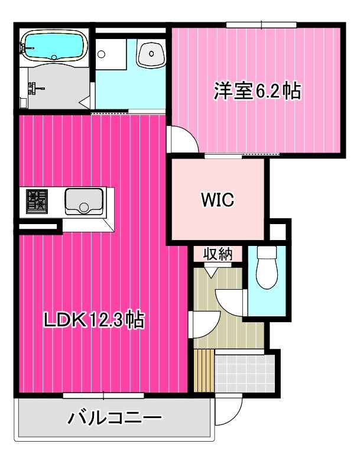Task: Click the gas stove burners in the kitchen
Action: click(x=37, y=201)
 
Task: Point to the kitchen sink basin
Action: click(x=83, y=200)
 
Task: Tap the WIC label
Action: click(x=217, y=200)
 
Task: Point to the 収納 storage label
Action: click(x=217, y=254)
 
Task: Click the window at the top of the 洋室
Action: click(x=261, y=24)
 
